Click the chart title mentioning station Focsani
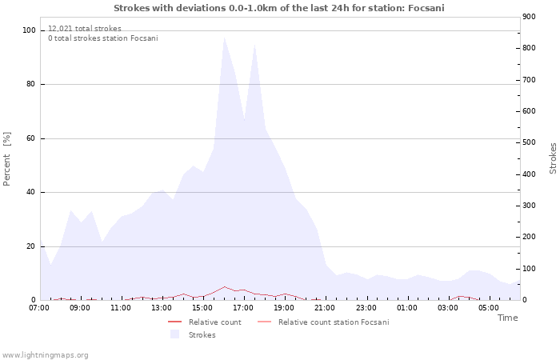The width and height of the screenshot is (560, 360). [279, 8]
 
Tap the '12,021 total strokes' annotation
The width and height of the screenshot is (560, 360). [85, 29]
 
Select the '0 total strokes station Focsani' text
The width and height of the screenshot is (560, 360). [102, 38]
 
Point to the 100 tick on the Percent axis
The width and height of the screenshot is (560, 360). [30, 30]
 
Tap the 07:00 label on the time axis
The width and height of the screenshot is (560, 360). [39, 308]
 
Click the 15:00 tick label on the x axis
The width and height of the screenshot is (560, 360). [202, 308]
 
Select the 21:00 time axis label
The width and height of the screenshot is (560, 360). [325, 308]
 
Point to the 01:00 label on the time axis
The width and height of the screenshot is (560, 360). [406, 308]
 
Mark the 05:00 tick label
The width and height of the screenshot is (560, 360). [488, 308]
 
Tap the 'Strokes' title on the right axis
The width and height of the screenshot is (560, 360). [553, 158]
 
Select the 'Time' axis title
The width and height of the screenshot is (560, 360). [507, 318]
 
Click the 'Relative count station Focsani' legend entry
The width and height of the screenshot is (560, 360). [334, 322]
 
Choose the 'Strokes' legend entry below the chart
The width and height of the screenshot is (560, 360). [202, 335]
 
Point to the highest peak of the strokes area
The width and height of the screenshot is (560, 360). [224, 37]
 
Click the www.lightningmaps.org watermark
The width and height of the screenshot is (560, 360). [45, 354]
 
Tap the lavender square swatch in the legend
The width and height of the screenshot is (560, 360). [174, 334]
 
